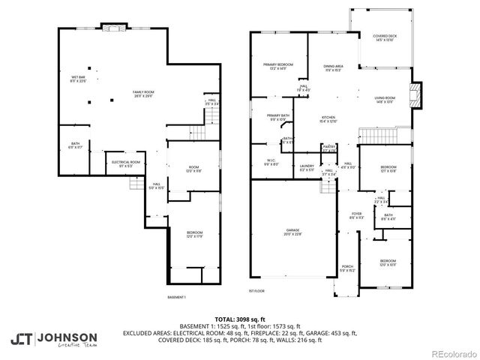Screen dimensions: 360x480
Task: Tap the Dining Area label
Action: pos(334,67)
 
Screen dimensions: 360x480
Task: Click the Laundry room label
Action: pos(307,167)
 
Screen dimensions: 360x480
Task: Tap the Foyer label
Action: pos(356,215)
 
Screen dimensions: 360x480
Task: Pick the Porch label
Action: pos(347,268)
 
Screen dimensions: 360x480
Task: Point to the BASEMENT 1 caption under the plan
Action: pos(176,298)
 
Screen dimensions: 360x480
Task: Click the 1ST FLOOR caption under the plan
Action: pos(257,290)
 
